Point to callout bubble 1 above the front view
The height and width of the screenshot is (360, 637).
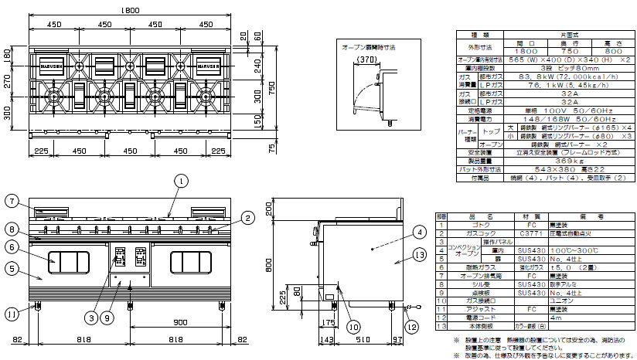(180, 181)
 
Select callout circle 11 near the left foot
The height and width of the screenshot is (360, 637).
(12, 314)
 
